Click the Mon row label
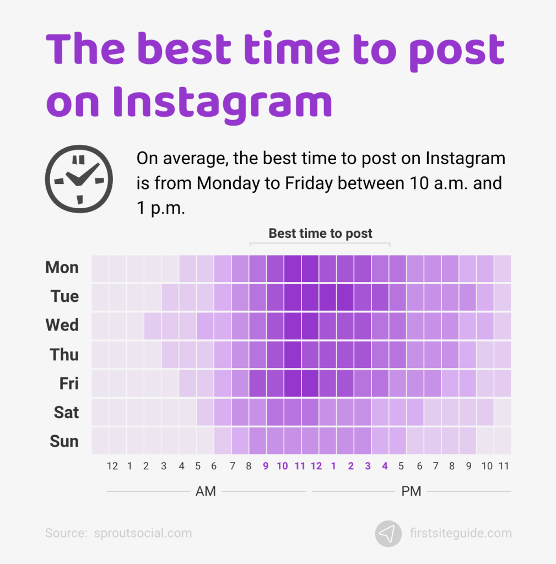click(x=62, y=268)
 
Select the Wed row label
click(x=62, y=325)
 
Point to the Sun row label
click(x=64, y=441)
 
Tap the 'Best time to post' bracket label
click(x=320, y=233)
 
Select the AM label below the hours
click(x=206, y=491)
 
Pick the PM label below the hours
click(x=411, y=491)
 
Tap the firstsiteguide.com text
click(x=461, y=533)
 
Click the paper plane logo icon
click(x=388, y=533)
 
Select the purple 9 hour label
click(x=265, y=467)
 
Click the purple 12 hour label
click(x=316, y=467)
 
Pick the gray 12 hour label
click(x=112, y=467)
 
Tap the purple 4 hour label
click(x=385, y=467)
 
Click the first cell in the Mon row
click(x=100, y=268)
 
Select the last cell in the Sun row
click(x=503, y=441)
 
